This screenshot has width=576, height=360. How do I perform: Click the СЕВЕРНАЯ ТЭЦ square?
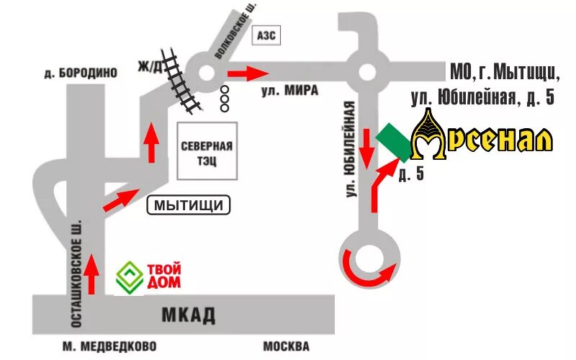point(207,150)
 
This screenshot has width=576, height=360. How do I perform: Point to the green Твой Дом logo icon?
point(130,277)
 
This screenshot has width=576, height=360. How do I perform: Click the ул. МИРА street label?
point(288,91)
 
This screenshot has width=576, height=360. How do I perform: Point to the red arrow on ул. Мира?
point(248,73)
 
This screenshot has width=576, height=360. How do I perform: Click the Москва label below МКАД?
point(286,346)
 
